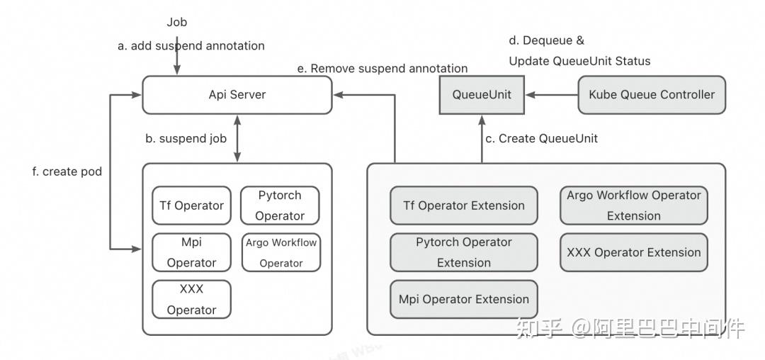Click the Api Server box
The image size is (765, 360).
point(237,95)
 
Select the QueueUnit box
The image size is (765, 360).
point(482,95)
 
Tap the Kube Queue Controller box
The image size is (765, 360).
point(652,95)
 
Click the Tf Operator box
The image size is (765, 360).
point(191,206)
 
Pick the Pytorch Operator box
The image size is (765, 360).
point(280,206)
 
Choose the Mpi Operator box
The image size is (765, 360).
point(191,252)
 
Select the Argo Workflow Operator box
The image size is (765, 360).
point(281,252)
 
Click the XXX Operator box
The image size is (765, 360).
point(191,299)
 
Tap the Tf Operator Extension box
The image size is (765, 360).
point(464,206)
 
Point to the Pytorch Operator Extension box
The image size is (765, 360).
point(464,252)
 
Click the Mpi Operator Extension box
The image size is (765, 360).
point(464,299)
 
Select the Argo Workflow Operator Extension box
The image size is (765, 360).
point(633,206)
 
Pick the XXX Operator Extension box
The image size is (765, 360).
point(633,252)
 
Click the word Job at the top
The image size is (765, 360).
point(177,22)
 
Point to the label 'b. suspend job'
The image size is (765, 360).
point(186,139)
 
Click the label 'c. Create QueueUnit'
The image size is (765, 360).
point(541,139)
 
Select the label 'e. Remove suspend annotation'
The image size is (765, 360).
point(382,69)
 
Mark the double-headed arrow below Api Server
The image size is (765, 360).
point(237,138)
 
